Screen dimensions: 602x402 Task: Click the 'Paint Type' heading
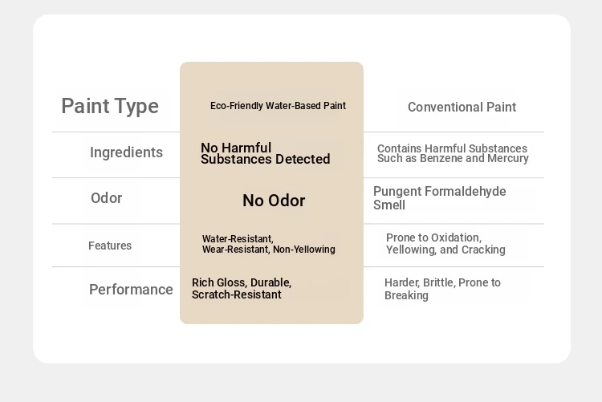click(x=110, y=107)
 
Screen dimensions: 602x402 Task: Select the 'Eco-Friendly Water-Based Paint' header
click(x=278, y=106)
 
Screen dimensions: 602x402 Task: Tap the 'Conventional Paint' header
click(x=462, y=108)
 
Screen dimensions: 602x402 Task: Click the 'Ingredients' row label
click(x=126, y=152)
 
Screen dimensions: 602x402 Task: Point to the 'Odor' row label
click(x=106, y=198)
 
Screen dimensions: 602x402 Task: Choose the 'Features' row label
click(x=110, y=246)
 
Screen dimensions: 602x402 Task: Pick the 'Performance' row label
click(x=131, y=290)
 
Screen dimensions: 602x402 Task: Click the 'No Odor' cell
click(x=274, y=201)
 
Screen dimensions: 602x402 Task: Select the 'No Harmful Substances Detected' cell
click(x=266, y=153)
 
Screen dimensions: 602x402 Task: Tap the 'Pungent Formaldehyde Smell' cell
click(x=440, y=198)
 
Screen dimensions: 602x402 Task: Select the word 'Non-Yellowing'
click(x=304, y=250)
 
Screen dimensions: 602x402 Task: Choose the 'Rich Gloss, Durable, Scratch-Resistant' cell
click(x=242, y=289)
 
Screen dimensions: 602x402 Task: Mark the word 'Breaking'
click(x=406, y=295)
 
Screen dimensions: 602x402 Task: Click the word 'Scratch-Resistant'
click(x=237, y=294)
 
